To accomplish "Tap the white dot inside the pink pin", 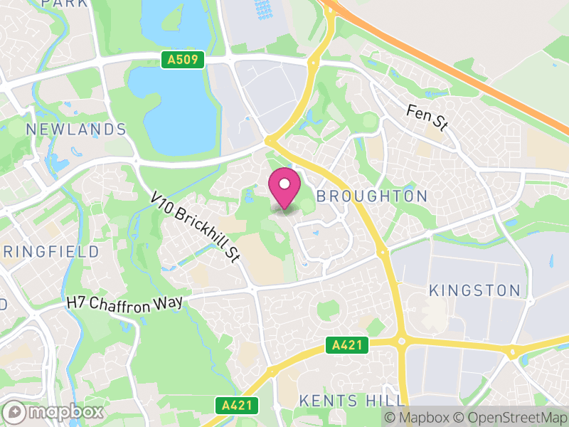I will coord(284,184).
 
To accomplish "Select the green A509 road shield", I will coord(184,60).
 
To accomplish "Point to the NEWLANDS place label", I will coord(76,130).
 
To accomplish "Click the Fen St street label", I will coord(427,117).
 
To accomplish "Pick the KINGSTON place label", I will coord(474,290).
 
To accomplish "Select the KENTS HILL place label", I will coord(352,400).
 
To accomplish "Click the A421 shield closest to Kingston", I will coord(348,346).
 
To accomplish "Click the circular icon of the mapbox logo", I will coord(15,412).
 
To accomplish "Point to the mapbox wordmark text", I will coord(65,412).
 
